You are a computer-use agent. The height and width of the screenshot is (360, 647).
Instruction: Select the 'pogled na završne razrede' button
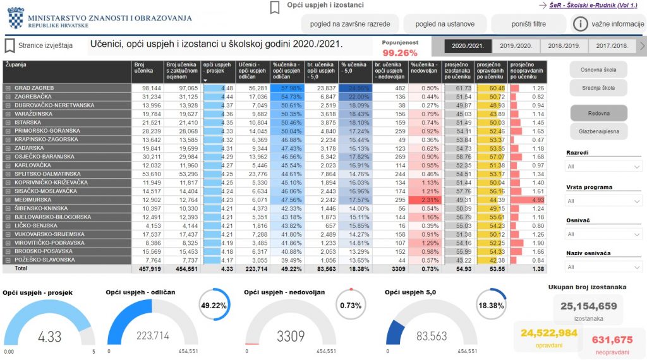(x=349, y=24)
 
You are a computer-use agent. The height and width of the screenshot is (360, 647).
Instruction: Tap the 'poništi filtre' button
(x=528, y=24)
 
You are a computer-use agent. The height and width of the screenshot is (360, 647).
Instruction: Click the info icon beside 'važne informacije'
(x=580, y=24)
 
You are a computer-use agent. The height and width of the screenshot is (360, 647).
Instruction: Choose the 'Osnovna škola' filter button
(x=598, y=69)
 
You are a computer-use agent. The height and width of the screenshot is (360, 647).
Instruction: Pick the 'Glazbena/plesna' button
(x=598, y=131)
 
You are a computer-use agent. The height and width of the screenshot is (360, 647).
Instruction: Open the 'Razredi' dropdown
(x=603, y=167)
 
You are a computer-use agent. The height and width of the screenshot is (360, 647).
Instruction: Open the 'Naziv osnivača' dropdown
(x=603, y=267)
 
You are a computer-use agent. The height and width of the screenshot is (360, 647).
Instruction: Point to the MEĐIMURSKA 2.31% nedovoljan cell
(x=422, y=200)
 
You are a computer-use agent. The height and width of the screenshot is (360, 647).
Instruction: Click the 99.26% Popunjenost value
(x=400, y=53)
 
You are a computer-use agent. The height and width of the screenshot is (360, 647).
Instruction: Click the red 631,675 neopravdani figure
(x=612, y=340)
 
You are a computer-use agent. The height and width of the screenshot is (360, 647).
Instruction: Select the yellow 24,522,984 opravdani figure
(x=548, y=333)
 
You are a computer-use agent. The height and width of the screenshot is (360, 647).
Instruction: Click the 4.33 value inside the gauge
(x=49, y=336)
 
